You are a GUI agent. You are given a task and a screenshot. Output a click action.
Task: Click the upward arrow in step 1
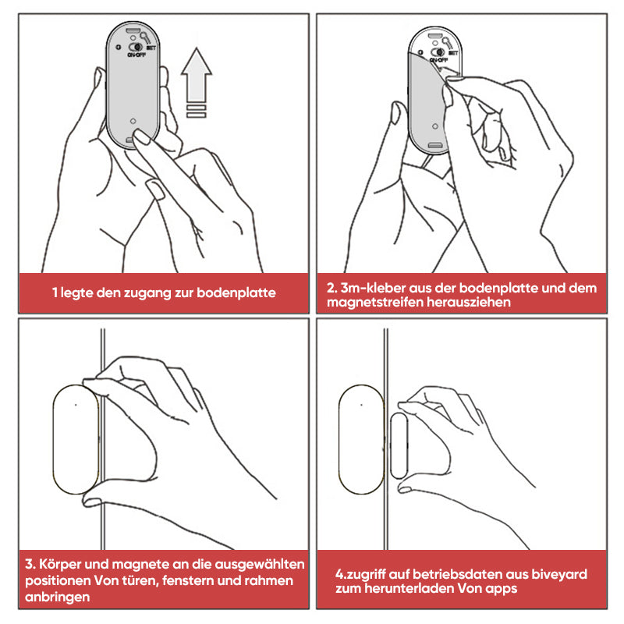[197, 76]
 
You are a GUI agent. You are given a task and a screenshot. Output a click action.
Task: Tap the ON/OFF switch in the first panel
[136, 47]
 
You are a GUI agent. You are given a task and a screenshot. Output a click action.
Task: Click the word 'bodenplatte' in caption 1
[236, 292]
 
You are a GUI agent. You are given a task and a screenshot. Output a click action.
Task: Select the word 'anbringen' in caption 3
[57, 597]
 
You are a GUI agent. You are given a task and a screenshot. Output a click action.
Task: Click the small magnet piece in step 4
[399, 445]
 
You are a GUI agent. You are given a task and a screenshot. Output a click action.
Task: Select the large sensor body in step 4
[361, 439]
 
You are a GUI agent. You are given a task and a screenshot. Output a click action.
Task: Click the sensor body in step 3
[76, 439]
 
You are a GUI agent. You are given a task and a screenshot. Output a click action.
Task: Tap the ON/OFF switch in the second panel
[438, 52]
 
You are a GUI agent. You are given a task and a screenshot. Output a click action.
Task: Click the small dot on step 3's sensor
[76, 405]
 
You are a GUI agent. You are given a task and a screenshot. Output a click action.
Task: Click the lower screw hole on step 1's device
[133, 121]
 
